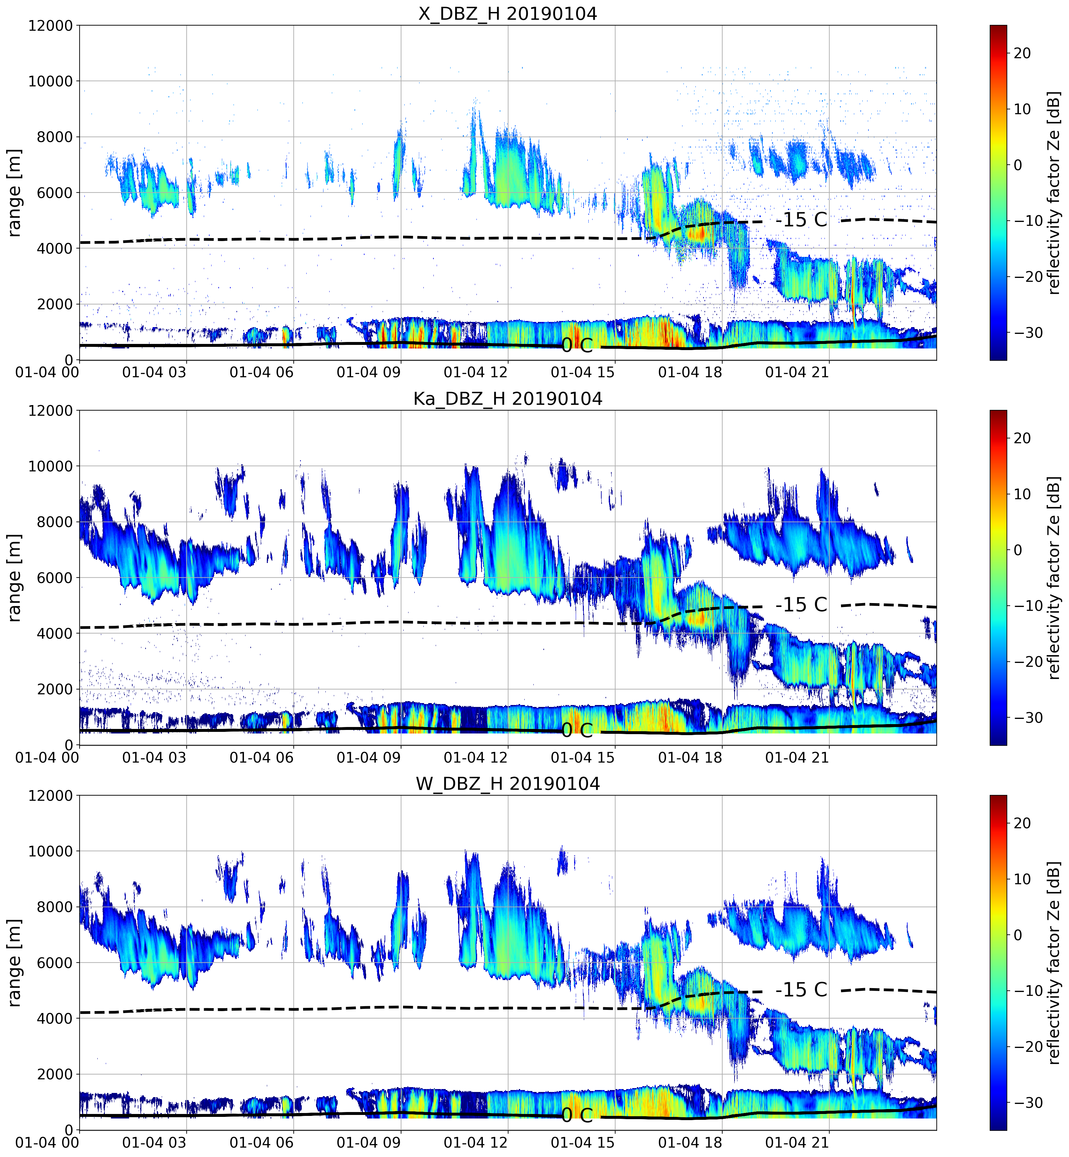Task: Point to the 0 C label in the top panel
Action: point(577,345)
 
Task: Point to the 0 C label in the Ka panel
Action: point(577,731)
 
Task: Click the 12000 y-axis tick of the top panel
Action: point(50,26)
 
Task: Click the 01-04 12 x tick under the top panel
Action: point(475,372)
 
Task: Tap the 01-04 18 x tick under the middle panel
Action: point(690,757)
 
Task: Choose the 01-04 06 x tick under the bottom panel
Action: point(261,1142)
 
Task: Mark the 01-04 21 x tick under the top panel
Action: point(797,372)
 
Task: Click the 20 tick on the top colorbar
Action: point(1022,53)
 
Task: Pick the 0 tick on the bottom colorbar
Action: point(1018,935)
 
